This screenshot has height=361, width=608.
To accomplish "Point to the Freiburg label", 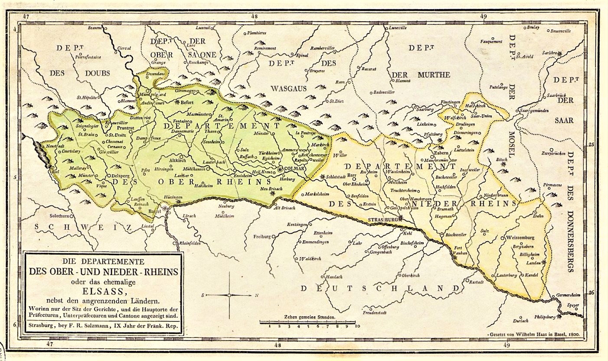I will (262, 236).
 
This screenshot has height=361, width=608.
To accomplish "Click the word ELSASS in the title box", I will (103, 291).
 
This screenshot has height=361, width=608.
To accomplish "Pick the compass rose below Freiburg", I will (229, 295).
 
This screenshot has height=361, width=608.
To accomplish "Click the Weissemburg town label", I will (520, 238).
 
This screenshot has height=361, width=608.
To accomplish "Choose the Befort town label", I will (186, 103).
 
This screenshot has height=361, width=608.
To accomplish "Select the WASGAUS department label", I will (289, 88).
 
